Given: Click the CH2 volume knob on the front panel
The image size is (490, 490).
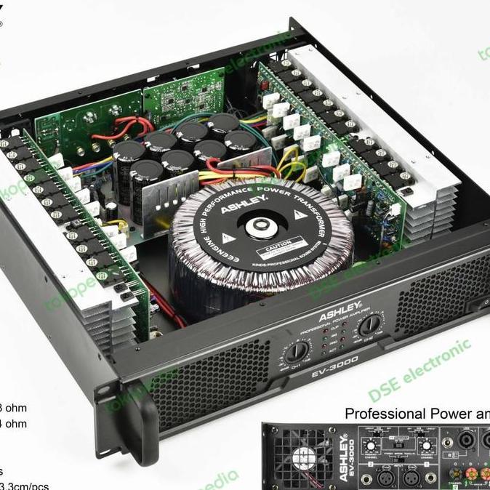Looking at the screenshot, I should tap(370, 325).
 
